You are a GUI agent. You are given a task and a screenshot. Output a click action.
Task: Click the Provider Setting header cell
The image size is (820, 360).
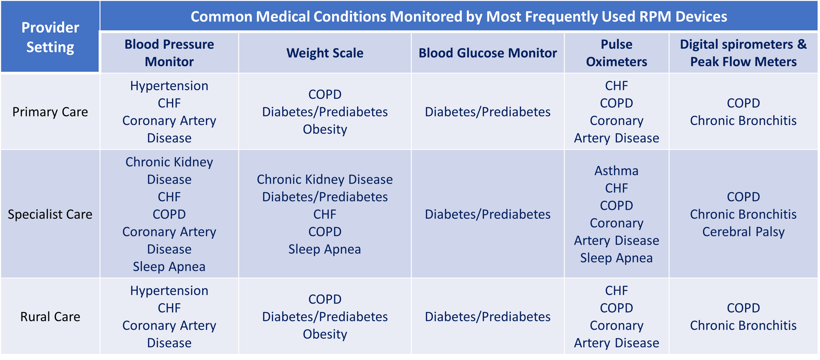[x=50, y=37]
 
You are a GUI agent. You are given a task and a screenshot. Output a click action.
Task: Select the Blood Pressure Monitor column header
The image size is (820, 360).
[x=169, y=53]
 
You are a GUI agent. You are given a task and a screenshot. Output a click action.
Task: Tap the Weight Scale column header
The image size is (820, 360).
[x=325, y=53]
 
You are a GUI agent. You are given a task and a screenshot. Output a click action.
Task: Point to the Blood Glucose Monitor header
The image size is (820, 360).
[x=487, y=53]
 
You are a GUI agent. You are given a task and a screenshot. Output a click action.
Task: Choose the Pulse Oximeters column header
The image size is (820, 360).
[x=616, y=53]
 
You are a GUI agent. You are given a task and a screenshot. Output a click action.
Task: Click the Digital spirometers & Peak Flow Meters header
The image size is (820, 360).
[x=743, y=53]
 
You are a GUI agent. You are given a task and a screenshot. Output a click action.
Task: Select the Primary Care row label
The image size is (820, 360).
[x=50, y=112]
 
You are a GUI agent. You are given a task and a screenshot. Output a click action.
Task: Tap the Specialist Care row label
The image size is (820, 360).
[x=50, y=214]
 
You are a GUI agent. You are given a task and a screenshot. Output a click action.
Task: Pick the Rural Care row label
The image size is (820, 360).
[x=50, y=316]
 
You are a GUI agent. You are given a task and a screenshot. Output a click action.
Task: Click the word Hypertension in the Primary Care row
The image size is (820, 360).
[x=169, y=86]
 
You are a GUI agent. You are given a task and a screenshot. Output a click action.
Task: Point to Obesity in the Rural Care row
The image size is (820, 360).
[x=325, y=334]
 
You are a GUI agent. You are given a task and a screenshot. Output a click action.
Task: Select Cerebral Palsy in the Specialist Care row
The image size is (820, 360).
[x=743, y=232]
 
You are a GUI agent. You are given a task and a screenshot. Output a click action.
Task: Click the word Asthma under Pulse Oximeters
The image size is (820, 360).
[x=616, y=170]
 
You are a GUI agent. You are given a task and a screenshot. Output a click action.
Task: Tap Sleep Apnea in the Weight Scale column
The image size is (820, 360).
[x=325, y=249]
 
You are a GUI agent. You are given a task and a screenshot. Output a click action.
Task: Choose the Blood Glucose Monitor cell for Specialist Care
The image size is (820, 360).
[x=487, y=214]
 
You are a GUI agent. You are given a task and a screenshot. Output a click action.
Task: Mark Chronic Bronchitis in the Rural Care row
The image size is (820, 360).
[x=743, y=325]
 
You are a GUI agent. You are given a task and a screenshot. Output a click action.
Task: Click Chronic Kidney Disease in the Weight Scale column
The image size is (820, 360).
[x=325, y=179]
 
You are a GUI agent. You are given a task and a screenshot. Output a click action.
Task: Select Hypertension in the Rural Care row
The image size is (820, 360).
[x=169, y=290]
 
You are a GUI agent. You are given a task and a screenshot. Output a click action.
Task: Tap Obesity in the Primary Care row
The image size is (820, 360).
[x=325, y=129]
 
